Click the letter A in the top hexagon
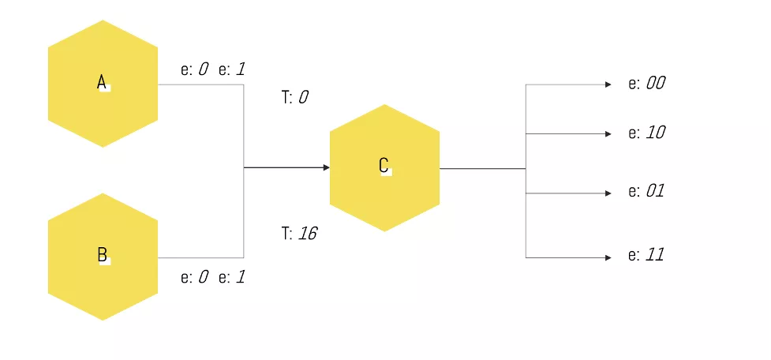101,82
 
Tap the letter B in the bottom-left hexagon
102,254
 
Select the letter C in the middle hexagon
384,165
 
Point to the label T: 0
294,97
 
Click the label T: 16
299,233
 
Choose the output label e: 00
646,83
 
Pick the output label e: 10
646,133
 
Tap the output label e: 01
646,191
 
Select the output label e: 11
646,255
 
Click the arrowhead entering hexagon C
325,167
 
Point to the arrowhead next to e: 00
608,84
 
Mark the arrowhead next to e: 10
608,134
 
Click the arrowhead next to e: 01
608,193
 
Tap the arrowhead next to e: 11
608,257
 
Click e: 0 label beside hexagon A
194,69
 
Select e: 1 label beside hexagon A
232,69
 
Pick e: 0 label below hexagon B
194,277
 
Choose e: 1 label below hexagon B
232,277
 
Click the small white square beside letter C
387,171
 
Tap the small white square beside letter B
106,261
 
